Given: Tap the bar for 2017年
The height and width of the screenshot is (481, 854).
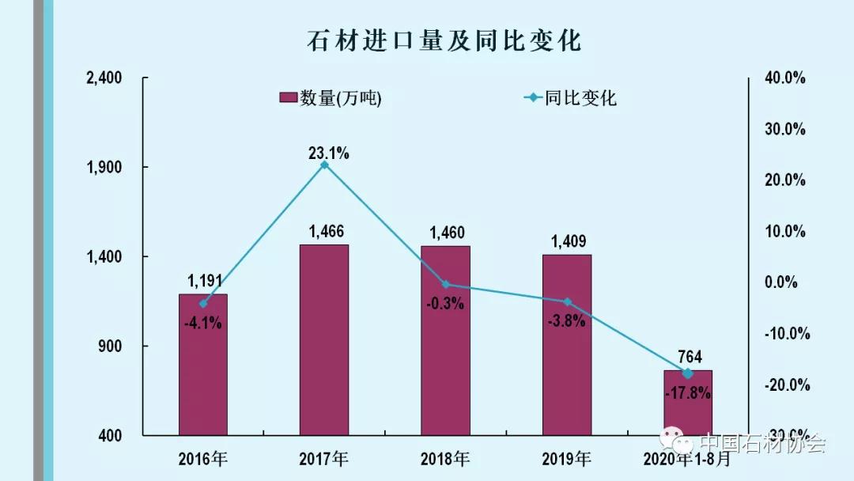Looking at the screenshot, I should tap(323, 340).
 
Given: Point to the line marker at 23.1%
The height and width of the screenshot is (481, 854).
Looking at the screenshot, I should tap(324, 165).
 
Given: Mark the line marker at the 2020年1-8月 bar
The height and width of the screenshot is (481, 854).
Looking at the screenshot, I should tap(687, 373).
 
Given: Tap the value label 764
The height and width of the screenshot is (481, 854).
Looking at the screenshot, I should tap(688, 357).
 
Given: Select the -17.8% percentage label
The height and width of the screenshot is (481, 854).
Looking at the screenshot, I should tap(687, 392).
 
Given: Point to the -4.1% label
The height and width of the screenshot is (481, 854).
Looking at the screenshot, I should tap(202, 323).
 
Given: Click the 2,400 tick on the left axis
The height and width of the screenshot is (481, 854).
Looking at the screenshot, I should tap(104, 78).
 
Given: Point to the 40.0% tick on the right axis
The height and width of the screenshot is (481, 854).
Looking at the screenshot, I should tap(784, 78).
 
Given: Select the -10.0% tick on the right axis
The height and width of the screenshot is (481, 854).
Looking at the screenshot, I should tap(786, 334).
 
